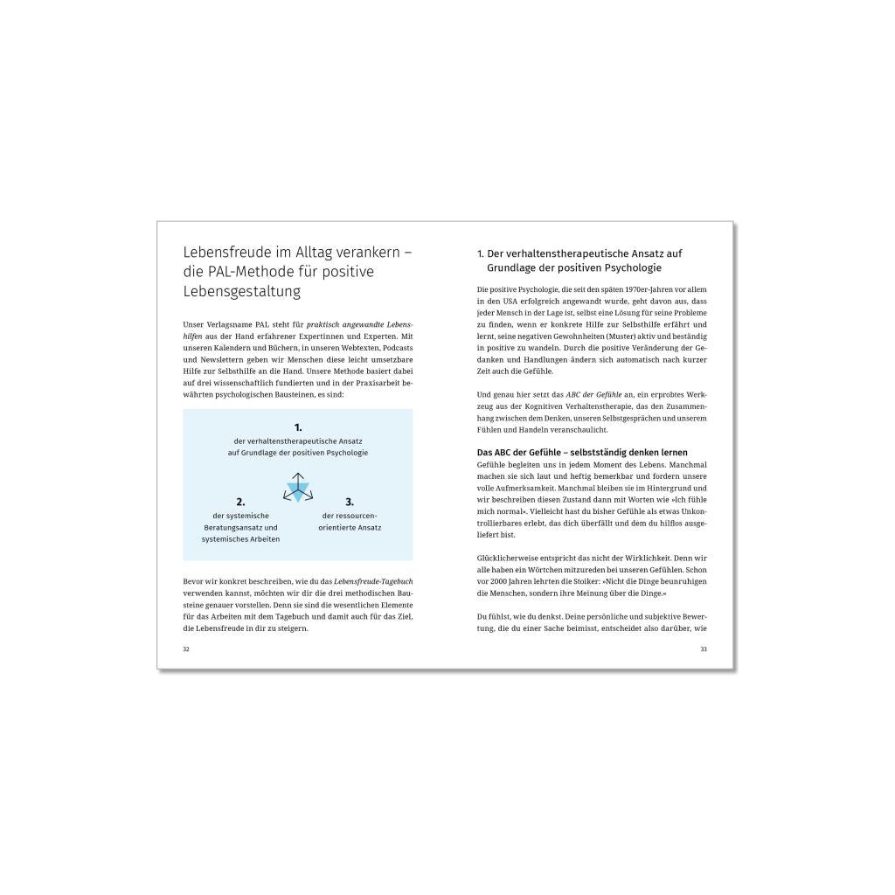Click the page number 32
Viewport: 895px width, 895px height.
(x=186, y=649)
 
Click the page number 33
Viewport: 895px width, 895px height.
(x=704, y=649)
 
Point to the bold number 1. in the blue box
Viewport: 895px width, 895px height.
(x=298, y=427)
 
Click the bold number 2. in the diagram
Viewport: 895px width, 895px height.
(x=240, y=502)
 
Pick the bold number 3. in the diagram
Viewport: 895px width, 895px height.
(x=350, y=502)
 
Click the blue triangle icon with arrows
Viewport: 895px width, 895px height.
(x=297, y=487)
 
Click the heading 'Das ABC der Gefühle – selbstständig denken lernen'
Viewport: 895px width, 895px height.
(x=582, y=452)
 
